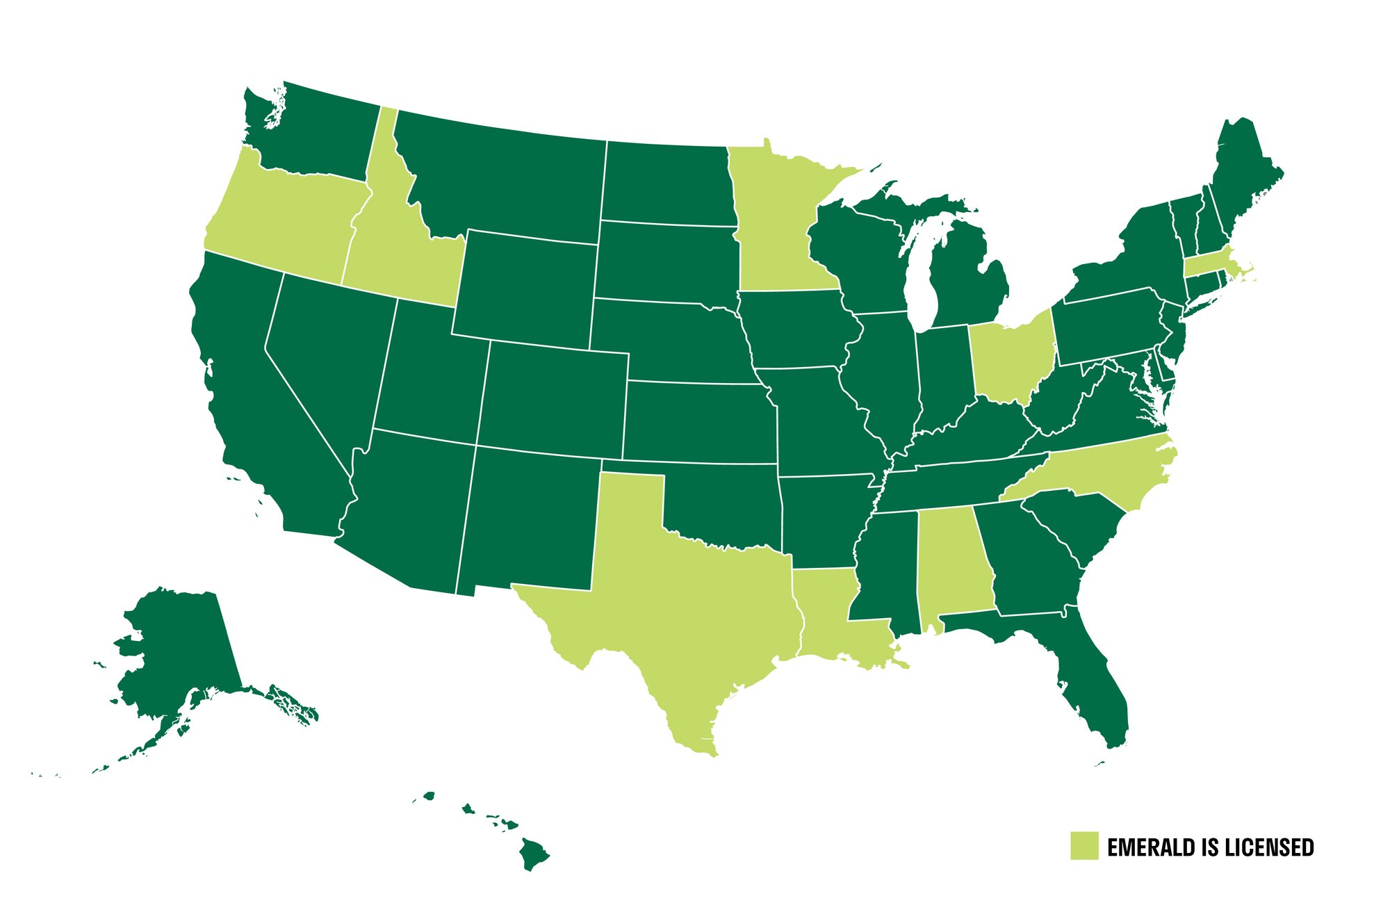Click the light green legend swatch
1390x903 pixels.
(x=1084, y=845)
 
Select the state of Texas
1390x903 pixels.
(x=681, y=612)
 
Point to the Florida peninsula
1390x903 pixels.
(x=1091, y=688)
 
